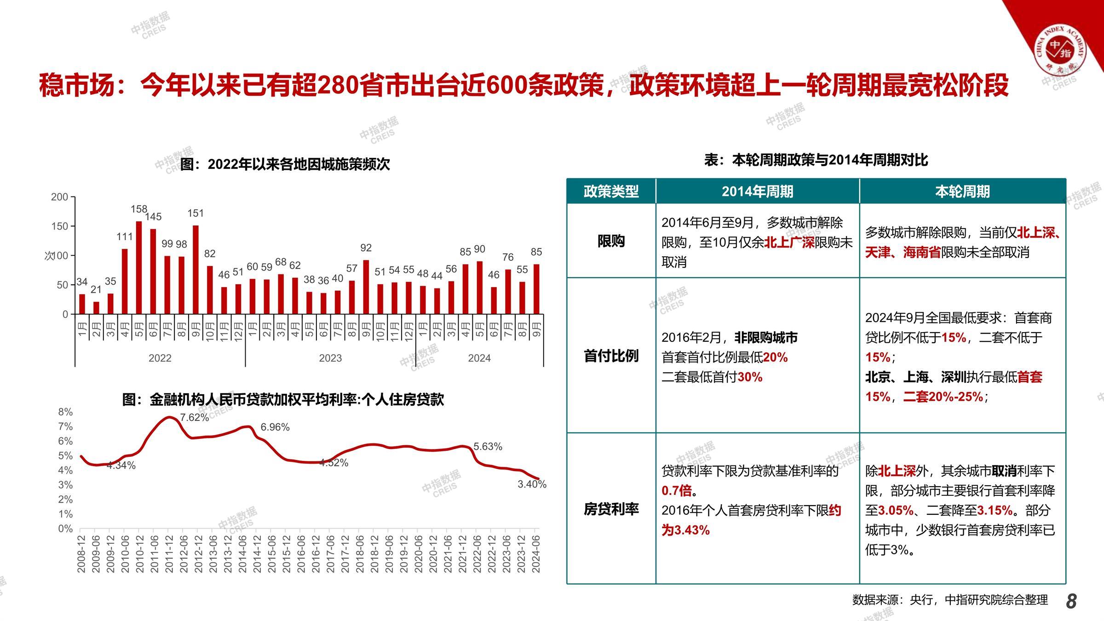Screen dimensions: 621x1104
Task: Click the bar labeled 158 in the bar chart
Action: click(139, 268)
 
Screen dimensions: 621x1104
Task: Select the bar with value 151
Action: click(195, 270)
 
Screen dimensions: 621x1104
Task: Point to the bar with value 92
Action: click(366, 287)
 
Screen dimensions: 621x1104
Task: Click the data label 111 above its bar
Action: click(124, 236)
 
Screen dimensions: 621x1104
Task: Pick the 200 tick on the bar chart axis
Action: click(59, 197)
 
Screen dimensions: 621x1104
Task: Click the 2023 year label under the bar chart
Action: click(330, 358)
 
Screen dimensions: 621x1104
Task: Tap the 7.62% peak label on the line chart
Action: click(194, 417)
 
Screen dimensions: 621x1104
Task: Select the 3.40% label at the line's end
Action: click(532, 484)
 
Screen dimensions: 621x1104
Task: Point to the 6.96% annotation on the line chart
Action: click(275, 427)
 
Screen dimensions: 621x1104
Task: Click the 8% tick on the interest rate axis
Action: click(65, 412)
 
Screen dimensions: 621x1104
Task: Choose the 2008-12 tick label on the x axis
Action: click(81, 553)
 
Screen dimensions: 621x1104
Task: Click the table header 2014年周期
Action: click(757, 191)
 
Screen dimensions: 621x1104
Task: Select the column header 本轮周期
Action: click(962, 191)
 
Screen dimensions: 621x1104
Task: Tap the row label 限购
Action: click(611, 241)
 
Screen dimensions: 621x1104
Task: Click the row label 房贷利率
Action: click(611, 509)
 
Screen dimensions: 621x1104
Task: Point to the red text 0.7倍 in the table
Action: click(677, 490)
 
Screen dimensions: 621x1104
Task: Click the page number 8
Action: click(1071, 601)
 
